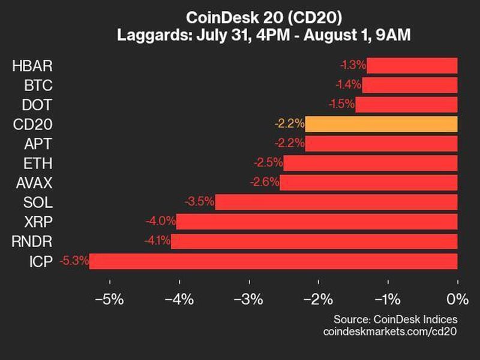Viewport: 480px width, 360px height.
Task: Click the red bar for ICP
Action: (273, 261)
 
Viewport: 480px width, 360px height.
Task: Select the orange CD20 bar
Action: (381, 124)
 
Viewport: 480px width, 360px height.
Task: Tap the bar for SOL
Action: (336, 202)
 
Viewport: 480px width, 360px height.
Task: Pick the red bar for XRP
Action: (317, 222)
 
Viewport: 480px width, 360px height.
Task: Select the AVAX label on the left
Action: (32, 183)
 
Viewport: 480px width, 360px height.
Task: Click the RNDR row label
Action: (32, 241)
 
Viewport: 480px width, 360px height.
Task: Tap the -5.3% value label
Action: (74, 261)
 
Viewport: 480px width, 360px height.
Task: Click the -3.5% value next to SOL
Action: (200, 202)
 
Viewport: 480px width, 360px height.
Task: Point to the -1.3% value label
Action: (351, 65)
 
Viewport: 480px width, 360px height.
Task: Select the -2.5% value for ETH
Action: (268, 163)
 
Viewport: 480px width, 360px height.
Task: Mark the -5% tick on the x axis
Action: (109, 299)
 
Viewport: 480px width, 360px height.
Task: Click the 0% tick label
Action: (457, 299)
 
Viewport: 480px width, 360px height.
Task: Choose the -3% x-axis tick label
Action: (248, 299)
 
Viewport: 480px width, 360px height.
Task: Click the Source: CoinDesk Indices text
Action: (395, 319)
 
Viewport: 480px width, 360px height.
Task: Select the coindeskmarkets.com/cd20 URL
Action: (390, 331)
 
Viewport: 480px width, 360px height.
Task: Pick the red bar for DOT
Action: (406, 104)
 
